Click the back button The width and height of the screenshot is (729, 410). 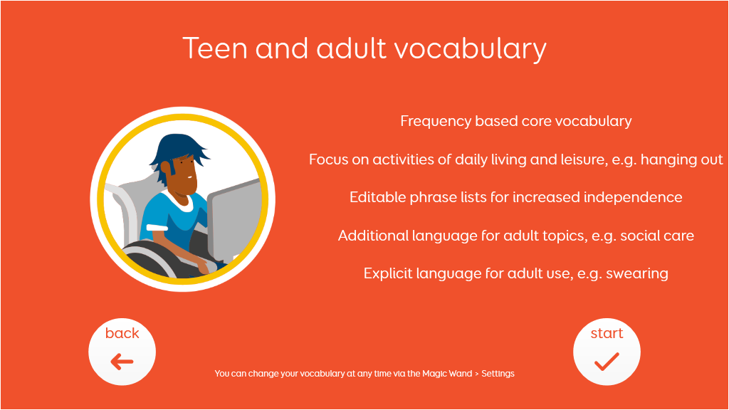pyautogui.click(x=122, y=352)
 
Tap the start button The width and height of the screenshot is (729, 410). pyautogui.click(x=607, y=352)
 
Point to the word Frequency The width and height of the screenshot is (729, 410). pyautogui.click(x=435, y=121)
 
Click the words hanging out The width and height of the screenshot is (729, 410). pyautogui.click(x=681, y=159)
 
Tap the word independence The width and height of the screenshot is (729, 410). pyautogui.click(x=633, y=198)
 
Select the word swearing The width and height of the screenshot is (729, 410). pyautogui.click(x=637, y=274)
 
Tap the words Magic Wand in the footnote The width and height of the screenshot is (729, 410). pyautogui.click(x=447, y=373)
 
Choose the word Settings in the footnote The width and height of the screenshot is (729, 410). pyautogui.click(x=498, y=374)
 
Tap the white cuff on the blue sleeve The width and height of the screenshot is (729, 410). pyautogui.click(x=157, y=227)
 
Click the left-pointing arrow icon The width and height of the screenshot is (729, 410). pyautogui.click(x=122, y=361)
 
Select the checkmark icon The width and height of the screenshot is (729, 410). pyautogui.click(x=607, y=362)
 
